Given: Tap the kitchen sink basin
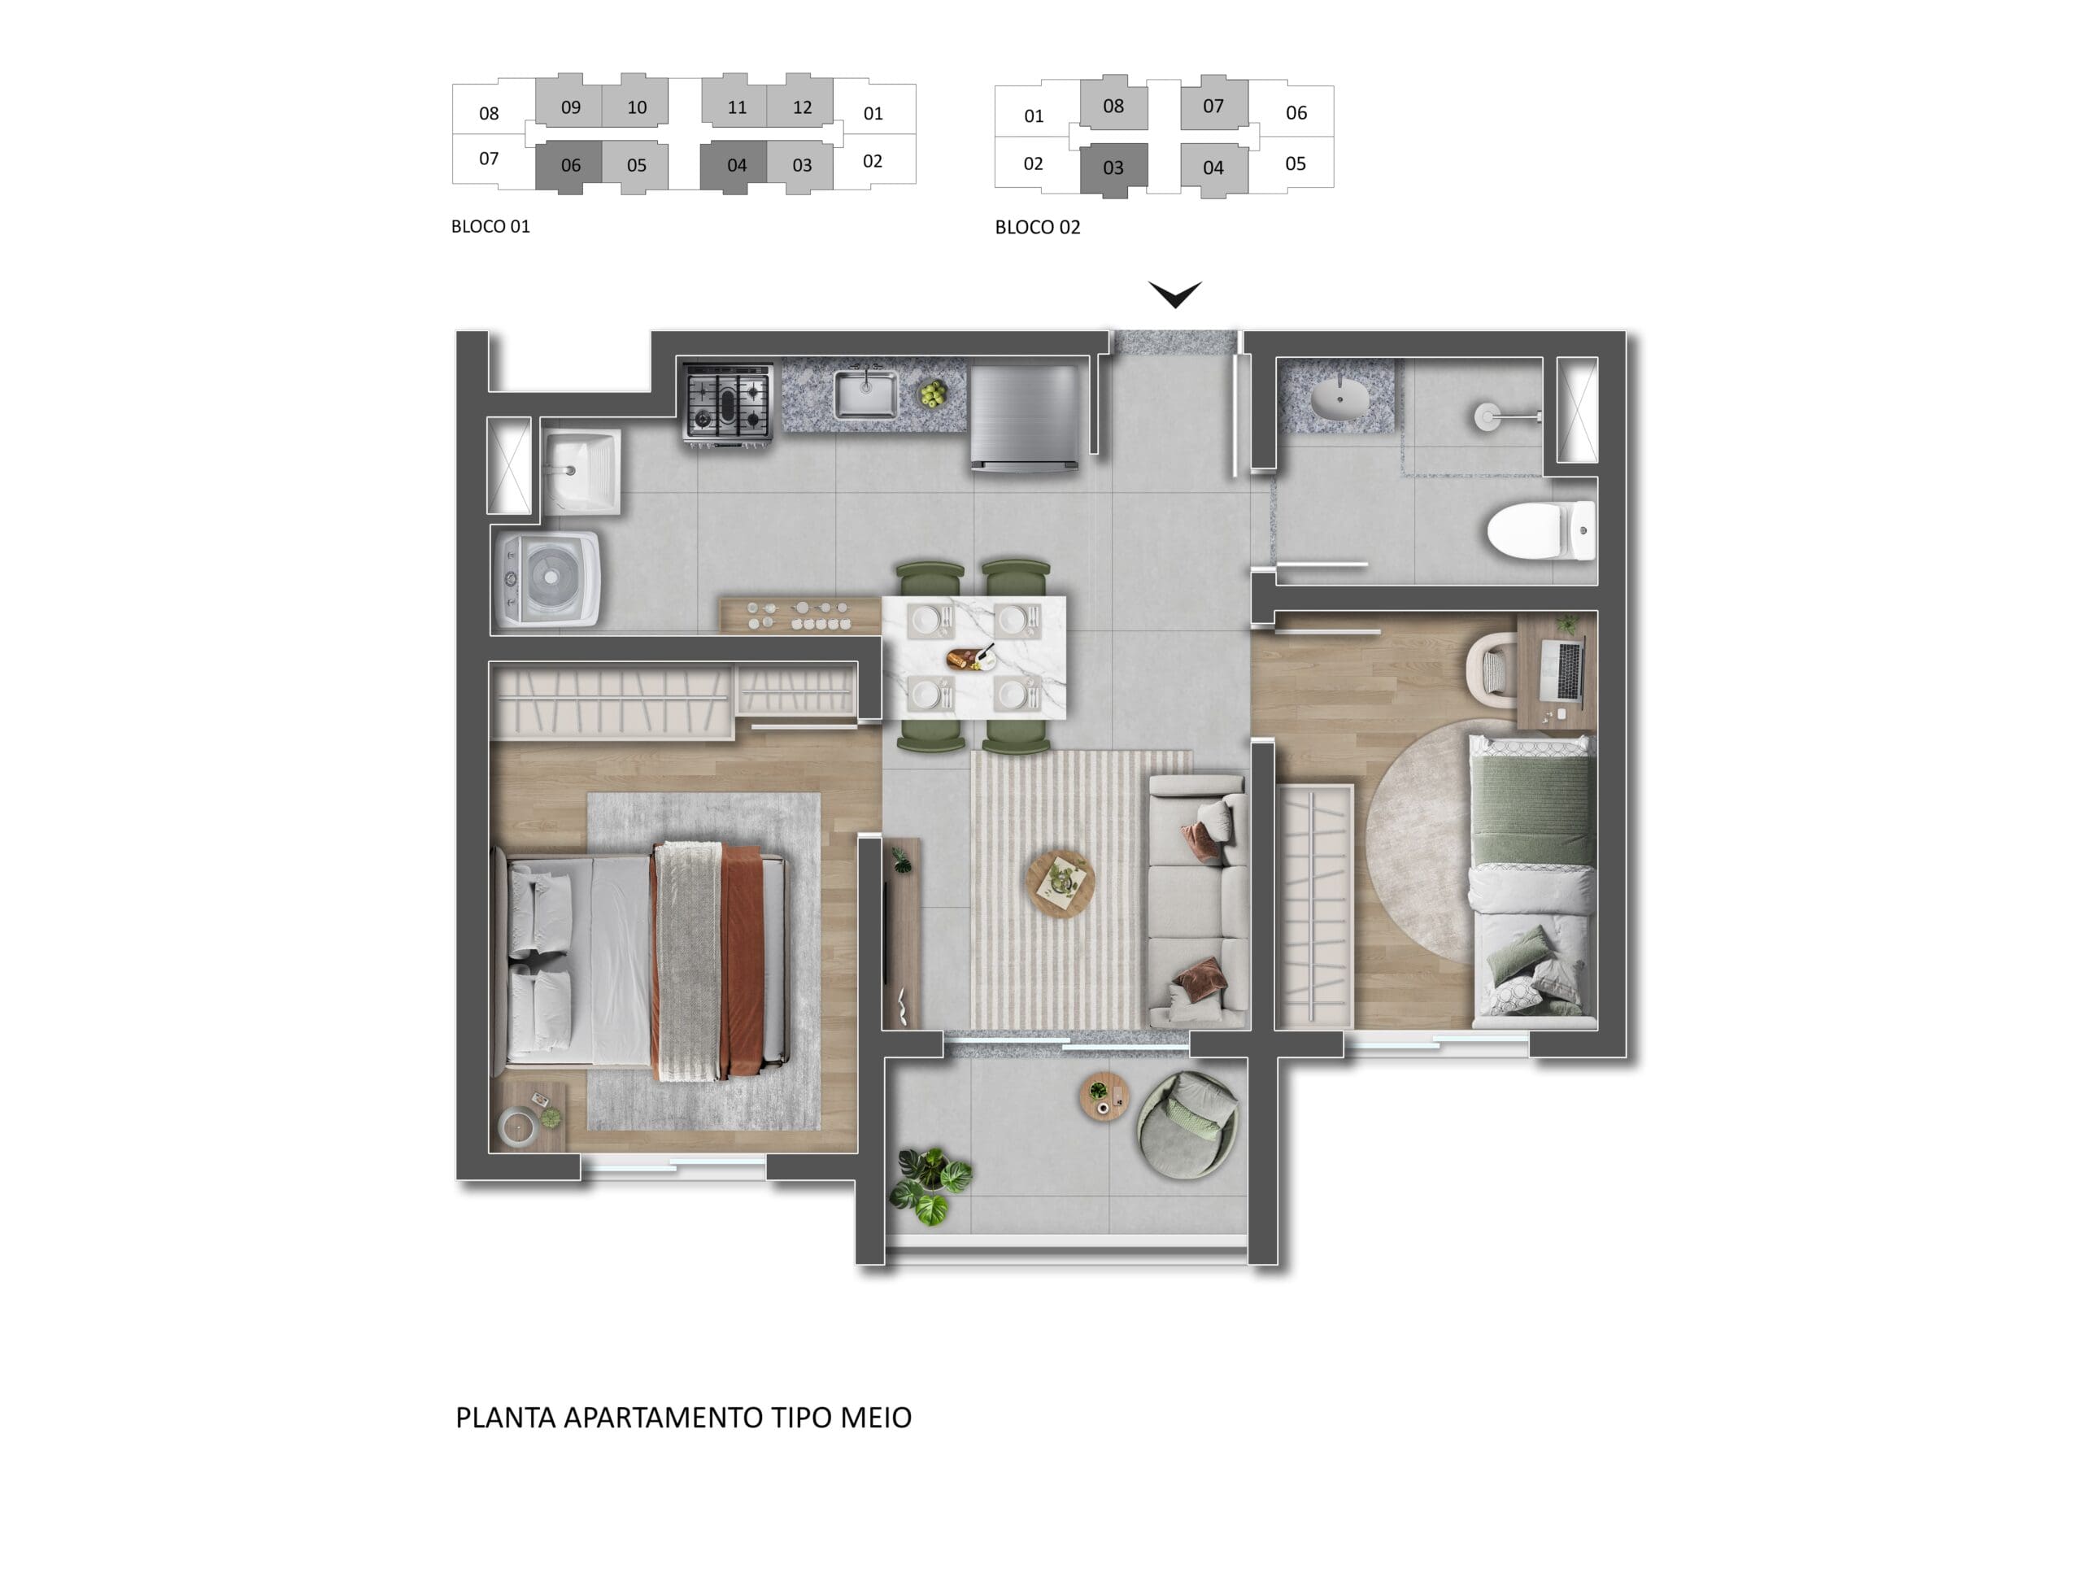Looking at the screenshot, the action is [865, 395].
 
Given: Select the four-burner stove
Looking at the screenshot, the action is [727, 403].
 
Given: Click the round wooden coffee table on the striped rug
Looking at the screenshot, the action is [1060, 885].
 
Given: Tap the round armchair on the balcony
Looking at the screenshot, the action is [1187, 1125].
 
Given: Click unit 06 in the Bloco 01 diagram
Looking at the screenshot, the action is [569, 165].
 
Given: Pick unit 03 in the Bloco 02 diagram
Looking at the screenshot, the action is [1113, 168].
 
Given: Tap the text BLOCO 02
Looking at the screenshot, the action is [1038, 228].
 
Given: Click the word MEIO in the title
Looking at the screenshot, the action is [875, 1418].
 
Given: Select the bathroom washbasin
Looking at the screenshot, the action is [1339, 397].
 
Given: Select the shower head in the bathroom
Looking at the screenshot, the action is [1487, 416].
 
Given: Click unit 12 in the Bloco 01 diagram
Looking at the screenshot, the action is [802, 107].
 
